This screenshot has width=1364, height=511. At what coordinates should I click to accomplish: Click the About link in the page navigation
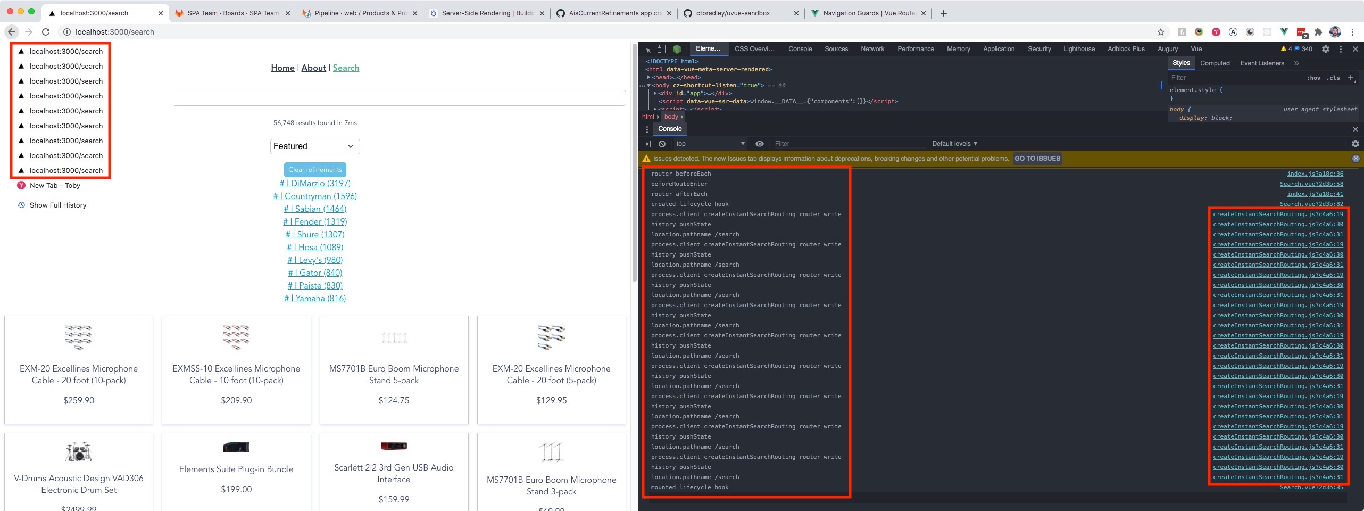pos(313,68)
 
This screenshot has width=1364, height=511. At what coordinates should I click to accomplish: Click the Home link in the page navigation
pos(282,68)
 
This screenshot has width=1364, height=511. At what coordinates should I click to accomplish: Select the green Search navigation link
pos(346,68)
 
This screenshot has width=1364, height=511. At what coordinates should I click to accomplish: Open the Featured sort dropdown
pos(314,146)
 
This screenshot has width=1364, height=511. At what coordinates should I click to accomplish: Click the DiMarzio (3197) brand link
pos(315,183)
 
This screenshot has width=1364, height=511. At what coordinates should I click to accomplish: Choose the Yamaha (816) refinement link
pos(315,298)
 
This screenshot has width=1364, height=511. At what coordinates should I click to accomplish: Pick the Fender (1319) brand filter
pos(315,221)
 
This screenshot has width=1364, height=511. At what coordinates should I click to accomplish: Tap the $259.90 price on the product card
pos(79,400)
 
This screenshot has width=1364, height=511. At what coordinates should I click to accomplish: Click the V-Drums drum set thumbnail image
pos(79,451)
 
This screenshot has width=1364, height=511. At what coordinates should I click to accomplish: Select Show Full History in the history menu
pos(57,205)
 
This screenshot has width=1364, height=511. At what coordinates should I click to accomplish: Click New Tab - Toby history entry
pos(55,185)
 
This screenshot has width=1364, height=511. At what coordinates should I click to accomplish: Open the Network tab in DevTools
pos(872,49)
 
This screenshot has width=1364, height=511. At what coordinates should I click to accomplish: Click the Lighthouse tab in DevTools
pos(1079,49)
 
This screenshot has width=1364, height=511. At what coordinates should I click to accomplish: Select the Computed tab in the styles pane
pos(1215,63)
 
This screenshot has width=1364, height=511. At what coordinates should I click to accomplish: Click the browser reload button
pos(46,32)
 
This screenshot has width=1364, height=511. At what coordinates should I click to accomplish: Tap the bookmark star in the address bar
pos(1161,32)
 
